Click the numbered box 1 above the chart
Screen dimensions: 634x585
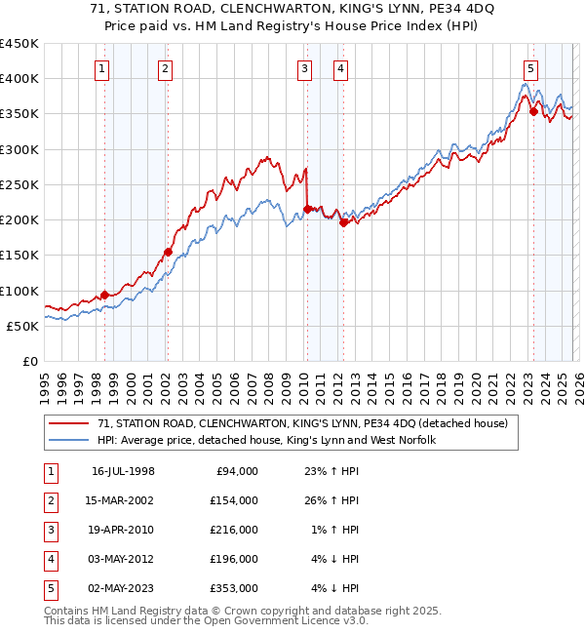[102, 68]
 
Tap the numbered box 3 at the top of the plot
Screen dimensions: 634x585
[305, 68]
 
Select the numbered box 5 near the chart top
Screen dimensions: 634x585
[530, 68]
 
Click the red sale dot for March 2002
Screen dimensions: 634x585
[168, 252]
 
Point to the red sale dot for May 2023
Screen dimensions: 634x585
[533, 111]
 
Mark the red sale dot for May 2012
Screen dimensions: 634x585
[343, 222]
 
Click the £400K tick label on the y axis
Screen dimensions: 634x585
[19, 79]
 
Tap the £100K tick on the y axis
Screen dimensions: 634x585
[19, 291]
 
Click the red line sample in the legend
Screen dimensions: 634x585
[68, 424]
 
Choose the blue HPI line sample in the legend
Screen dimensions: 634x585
[68, 440]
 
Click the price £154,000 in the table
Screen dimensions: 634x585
[235, 500]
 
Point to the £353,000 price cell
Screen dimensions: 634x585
[235, 588]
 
